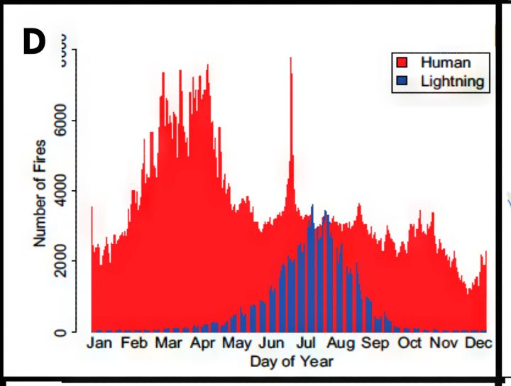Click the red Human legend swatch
click(x=402, y=63)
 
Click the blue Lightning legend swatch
click(x=402, y=81)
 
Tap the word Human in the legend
click(x=445, y=62)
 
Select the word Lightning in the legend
click(x=452, y=81)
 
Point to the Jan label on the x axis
click(x=104, y=343)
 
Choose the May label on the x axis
click(x=237, y=343)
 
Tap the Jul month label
click(x=306, y=343)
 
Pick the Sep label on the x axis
click(x=375, y=343)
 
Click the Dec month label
click(x=478, y=343)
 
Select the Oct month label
click(x=410, y=343)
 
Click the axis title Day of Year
click(x=291, y=361)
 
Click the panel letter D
click(x=33, y=43)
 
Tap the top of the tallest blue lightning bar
click(x=312, y=206)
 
